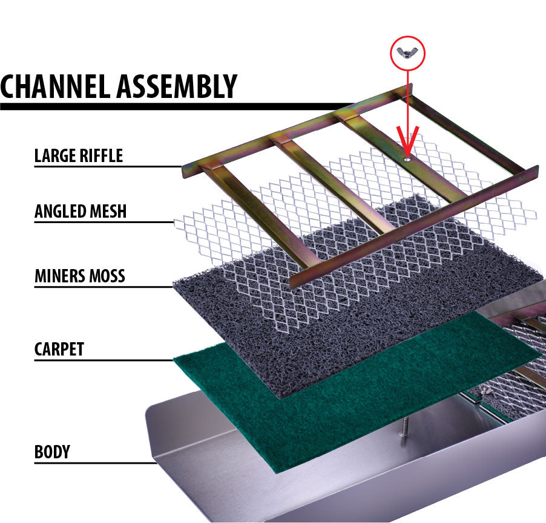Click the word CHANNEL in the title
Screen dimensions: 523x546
point(55,86)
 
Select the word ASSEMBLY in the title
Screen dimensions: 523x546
point(176,86)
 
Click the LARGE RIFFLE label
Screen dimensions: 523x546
point(79,155)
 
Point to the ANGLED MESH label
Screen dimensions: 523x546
point(81,211)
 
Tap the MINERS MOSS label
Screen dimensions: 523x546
point(79,276)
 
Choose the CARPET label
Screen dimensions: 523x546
point(59,349)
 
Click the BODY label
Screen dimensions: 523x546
point(52,452)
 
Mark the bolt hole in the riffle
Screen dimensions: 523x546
point(408,158)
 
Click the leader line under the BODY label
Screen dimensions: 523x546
point(91,464)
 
